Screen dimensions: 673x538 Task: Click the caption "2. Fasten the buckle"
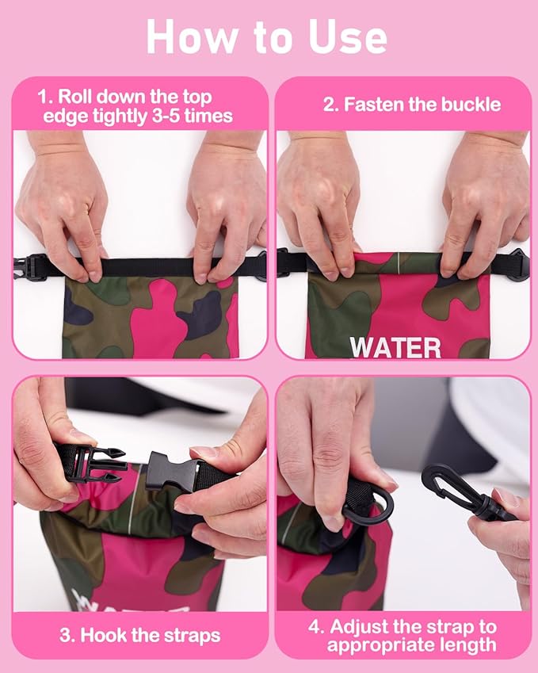[412, 104]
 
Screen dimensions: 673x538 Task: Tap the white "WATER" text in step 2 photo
[395, 347]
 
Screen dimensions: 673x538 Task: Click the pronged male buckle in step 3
[94, 463]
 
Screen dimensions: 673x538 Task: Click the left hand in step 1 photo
[61, 206]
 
